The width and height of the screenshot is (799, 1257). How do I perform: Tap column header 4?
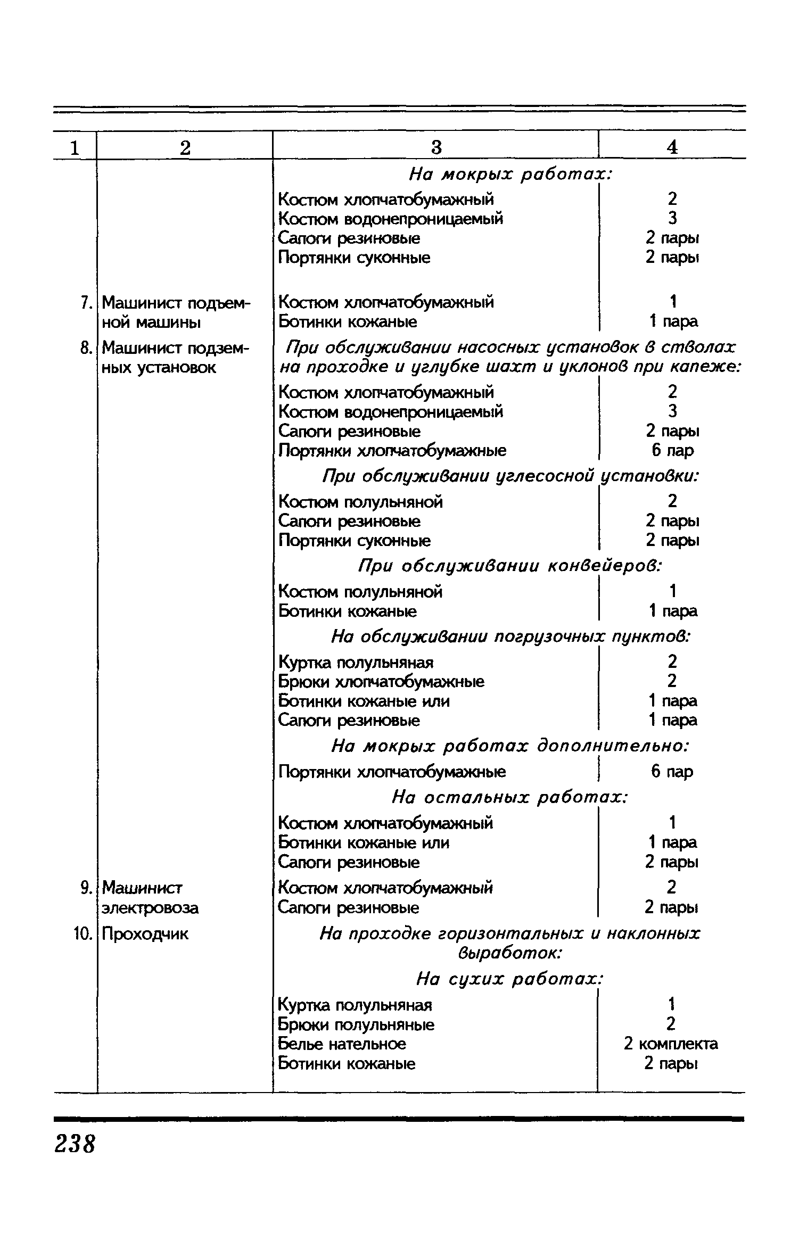(x=672, y=147)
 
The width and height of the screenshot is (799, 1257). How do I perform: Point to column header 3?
(x=436, y=147)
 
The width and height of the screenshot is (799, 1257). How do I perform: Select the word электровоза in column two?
(x=150, y=907)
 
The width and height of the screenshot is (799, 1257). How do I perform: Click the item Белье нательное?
(x=342, y=1044)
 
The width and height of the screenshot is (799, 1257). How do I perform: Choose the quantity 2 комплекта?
(x=671, y=1044)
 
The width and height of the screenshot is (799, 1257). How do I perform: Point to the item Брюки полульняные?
(x=356, y=1024)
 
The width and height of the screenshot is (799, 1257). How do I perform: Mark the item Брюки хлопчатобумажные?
(x=381, y=681)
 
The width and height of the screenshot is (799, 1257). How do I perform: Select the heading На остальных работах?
(x=510, y=797)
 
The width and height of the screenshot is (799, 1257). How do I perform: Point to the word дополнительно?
(x=612, y=746)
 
